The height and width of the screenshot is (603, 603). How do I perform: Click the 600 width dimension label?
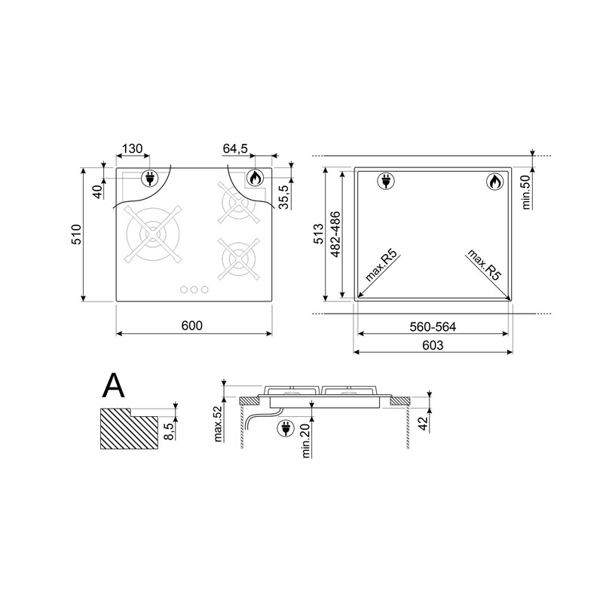(x=191, y=326)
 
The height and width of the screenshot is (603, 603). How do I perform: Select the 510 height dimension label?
(x=77, y=234)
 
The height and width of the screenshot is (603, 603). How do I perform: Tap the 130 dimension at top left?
(x=133, y=148)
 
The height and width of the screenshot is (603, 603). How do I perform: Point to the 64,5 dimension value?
(x=235, y=148)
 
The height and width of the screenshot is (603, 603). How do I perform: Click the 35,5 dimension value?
(x=283, y=197)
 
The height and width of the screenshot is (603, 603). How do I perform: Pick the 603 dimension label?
(x=433, y=345)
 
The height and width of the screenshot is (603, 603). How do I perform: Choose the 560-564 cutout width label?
(x=433, y=327)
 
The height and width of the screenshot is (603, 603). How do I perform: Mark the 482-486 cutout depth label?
(x=335, y=234)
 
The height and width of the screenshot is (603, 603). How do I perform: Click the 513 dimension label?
(x=318, y=234)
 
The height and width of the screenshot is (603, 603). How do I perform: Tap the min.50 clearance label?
(x=525, y=192)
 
